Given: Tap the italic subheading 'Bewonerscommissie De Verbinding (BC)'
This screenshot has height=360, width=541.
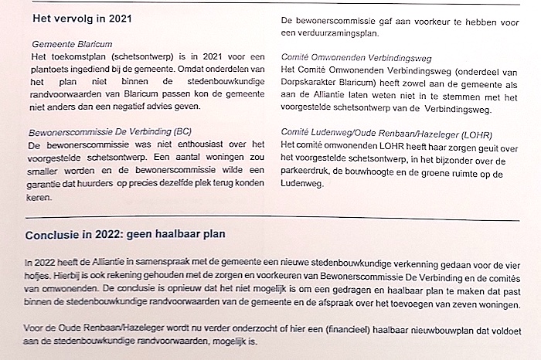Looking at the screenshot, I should pos(111,132).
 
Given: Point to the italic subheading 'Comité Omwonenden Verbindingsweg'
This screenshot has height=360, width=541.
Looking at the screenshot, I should pos(356,58).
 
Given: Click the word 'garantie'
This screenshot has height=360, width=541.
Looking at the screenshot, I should pos(45,184).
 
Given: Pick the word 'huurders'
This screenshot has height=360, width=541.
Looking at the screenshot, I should pos(118,184).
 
